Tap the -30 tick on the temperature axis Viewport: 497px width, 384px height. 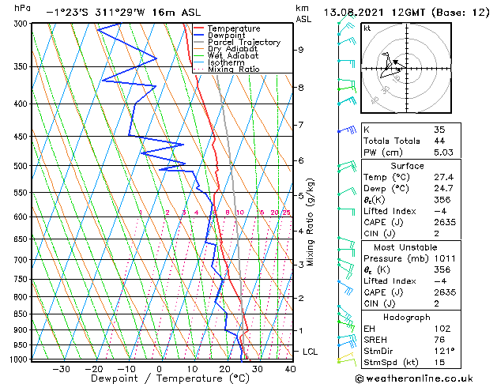(61, 369)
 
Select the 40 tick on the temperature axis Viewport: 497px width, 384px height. (290, 369)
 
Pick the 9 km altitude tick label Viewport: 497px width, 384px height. (301, 50)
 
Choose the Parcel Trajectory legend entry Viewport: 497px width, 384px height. (243, 43)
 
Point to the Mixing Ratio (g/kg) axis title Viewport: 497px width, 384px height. (311, 221)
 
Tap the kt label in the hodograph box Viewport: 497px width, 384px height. (367, 28)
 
